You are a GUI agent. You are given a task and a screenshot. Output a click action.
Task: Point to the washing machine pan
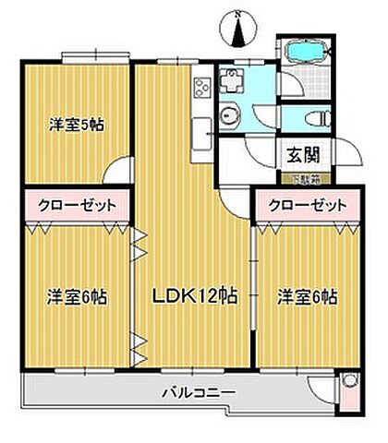236,80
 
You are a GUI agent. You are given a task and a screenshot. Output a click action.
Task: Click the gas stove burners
202,89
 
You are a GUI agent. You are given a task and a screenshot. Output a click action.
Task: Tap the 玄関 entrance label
297,155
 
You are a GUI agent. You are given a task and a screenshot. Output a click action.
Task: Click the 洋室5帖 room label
76,125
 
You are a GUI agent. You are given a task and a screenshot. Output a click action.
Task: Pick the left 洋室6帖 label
76,297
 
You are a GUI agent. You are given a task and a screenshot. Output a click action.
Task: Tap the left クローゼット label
76,204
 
